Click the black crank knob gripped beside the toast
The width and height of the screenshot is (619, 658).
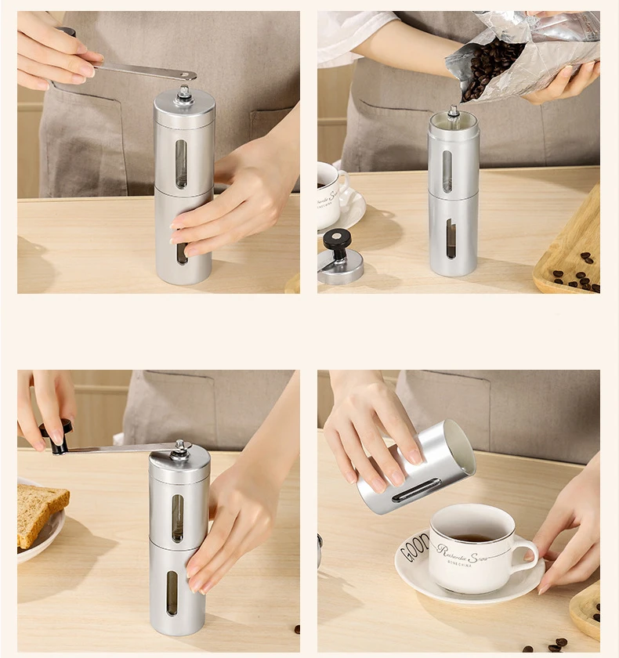(x=56, y=436)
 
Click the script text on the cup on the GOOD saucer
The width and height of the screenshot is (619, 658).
(x=467, y=555)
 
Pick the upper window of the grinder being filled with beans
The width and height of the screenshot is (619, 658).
(x=447, y=171)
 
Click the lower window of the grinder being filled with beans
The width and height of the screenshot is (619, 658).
(x=451, y=238)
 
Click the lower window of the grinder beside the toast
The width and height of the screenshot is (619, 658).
(x=172, y=592)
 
